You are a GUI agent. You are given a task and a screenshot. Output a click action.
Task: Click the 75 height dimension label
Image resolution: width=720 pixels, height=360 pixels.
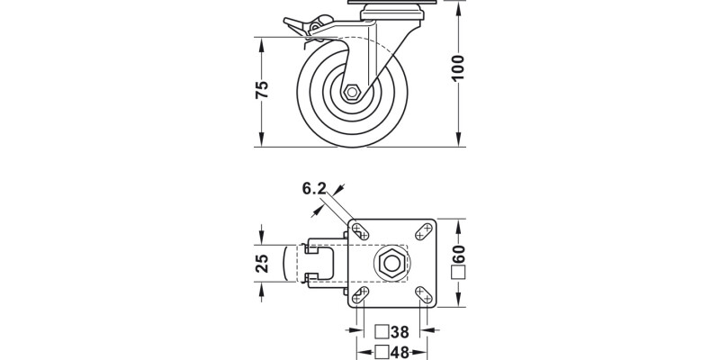tap(262, 90)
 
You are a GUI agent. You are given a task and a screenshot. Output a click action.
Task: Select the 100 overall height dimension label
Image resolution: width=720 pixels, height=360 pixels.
tap(459, 67)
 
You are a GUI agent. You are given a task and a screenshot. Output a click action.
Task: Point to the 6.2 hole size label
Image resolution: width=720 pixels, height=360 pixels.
tap(313, 188)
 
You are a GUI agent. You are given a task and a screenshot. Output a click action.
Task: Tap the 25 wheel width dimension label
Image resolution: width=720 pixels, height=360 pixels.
tap(262, 264)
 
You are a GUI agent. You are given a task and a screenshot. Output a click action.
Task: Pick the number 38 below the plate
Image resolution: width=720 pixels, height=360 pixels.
tap(400, 332)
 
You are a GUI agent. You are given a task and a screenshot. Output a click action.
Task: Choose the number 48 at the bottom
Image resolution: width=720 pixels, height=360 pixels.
tap(400, 351)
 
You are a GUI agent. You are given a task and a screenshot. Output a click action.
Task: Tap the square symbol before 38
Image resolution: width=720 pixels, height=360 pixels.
tap(382, 332)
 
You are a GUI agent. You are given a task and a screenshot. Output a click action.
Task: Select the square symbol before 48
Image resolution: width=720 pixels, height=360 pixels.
tap(382, 351)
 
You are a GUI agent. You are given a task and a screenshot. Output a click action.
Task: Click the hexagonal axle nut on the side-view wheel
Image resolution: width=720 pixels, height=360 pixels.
tap(353, 93)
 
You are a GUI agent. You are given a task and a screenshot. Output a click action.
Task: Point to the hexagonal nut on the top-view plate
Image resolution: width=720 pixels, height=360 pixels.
tap(391, 264)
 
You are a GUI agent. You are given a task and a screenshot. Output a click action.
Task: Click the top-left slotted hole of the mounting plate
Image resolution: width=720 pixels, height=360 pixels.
tap(359, 230)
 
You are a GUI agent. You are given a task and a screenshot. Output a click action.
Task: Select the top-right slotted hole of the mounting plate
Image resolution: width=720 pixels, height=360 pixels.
tap(422, 230)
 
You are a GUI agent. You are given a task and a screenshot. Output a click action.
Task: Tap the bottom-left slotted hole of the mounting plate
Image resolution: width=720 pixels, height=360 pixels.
tap(359, 294)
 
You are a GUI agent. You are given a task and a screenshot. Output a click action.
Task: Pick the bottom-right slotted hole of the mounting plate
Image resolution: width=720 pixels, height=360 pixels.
tap(422, 294)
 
